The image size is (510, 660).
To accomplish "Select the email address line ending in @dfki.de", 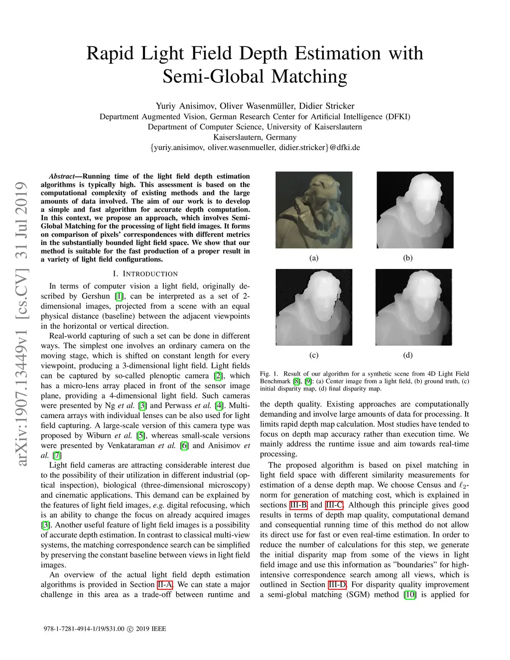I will coord(255,147).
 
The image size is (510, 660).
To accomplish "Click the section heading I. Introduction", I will coord(145,273).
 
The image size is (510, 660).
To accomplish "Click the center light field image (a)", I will coord(314,210).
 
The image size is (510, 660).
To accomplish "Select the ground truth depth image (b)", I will coord(415,210).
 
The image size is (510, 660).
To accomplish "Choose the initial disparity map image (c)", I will coord(314,307).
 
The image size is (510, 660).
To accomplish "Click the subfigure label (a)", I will coord(314,258).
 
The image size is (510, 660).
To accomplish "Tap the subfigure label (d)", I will coord(408,355).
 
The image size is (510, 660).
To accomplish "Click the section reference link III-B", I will coord(298,505).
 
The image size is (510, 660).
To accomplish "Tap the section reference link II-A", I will coord(165,585).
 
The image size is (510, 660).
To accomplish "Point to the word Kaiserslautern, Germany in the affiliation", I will coord(255,137).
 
